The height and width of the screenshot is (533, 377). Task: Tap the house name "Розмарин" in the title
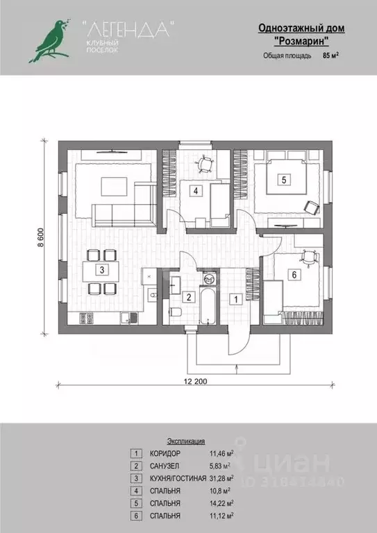pos(301,41)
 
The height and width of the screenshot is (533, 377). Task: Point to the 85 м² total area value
pos(330,56)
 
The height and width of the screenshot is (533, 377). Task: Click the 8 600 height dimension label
pos(41,237)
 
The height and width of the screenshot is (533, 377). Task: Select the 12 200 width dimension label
pos(196,381)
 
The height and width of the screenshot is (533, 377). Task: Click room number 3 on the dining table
pos(102,270)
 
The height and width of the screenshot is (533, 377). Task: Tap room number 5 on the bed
pos(284,179)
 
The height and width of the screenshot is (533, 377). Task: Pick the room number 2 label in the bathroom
pos(189,297)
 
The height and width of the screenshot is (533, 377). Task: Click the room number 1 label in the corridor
pos(235,299)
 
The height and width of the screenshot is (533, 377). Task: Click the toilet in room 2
pos(176,312)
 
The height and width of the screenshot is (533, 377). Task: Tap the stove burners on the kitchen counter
pos(86,318)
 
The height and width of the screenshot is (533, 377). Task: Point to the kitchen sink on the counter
pos(129,318)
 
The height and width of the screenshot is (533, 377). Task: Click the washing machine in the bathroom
pos(210,279)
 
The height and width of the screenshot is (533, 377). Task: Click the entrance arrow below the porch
pos(236,369)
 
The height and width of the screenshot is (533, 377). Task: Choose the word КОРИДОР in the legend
pos(165,453)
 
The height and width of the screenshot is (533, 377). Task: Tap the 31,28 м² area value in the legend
pos(221,478)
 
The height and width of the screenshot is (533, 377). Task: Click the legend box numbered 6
pos(136,516)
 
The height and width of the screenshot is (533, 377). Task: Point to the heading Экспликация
pos(186,441)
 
